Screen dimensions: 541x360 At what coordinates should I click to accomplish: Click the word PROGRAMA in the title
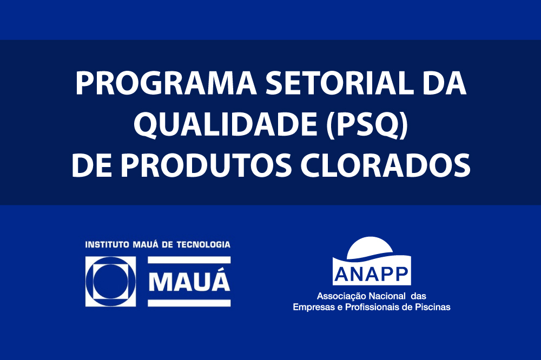166,83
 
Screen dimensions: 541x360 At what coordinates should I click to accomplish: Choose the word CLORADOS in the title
386,165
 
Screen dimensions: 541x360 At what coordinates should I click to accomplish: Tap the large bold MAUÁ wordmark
189,282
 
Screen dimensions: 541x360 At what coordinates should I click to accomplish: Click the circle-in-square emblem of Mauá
110,282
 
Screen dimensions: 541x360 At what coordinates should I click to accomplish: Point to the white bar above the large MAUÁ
189,260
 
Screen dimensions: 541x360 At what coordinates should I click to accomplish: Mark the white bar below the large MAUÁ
189,303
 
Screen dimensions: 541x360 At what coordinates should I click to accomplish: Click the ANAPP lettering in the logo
372,275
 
